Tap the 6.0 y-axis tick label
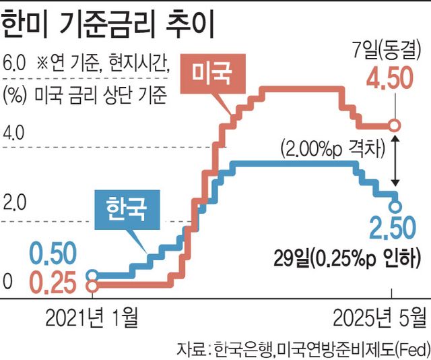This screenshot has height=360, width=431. click(15, 65)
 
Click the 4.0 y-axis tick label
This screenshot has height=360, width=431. click(14, 133)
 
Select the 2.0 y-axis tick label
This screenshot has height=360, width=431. click(14, 202)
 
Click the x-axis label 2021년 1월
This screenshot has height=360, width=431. click(92, 316)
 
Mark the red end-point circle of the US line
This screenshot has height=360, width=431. click(395, 125)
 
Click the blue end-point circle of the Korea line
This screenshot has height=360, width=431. click(395, 206)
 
